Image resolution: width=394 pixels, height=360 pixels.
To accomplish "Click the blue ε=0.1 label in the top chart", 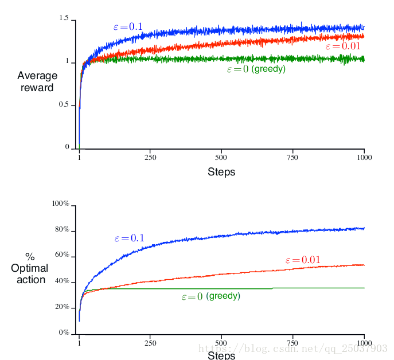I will pyautogui.click(x=127, y=26).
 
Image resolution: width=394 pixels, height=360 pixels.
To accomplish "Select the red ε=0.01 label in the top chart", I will pyautogui.click(x=343, y=46).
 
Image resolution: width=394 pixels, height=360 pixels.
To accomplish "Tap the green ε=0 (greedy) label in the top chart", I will pyautogui.click(x=256, y=69).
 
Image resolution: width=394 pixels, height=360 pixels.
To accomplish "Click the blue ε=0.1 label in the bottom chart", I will pyautogui.click(x=129, y=238).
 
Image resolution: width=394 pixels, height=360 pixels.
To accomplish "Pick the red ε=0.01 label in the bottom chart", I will pyautogui.click(x=302, y=260).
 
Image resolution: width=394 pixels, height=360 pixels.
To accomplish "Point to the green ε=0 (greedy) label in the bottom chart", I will pyautogui.click(x=211, y=296).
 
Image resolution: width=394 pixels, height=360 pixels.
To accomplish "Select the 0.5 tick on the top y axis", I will pyautogui.click(x=64, y=104).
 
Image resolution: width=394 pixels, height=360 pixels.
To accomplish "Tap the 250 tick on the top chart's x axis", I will pyautogui.click(x=151, y=157).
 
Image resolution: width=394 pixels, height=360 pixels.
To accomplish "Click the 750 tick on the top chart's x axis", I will pyautogui.click(x=294, y=157).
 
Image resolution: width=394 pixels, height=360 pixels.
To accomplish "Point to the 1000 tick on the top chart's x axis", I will pyautogui.click(x=364, y=157).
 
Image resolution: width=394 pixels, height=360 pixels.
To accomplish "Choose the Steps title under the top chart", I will pyautogui.click(x=221, y=172).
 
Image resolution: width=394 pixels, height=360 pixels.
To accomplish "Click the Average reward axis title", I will pyautogui.click(x=37, y=81).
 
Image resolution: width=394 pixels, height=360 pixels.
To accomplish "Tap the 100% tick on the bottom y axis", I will pyautogui.click(x=60, y=204).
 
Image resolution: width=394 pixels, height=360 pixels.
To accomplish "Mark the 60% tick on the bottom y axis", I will pyautogui.click(x=62, y=255).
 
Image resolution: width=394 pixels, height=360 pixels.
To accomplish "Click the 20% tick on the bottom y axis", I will pyautogui.click(x=62, y=307).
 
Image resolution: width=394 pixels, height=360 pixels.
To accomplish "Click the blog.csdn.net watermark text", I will pyautogui.click(x=292, y=348).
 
